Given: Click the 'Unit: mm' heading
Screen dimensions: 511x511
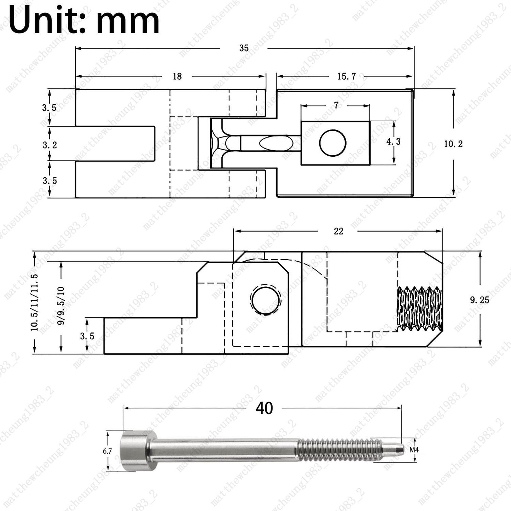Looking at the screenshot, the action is coord(84,20).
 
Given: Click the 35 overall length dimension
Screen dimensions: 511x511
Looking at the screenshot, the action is coord(244,48).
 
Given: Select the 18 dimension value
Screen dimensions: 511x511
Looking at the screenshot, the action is coord(178,76).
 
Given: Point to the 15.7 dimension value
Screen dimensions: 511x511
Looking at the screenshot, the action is coord(347,76).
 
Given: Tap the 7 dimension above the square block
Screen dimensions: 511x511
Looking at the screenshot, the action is coord(336,105).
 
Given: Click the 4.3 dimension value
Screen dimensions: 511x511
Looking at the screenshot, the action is coord(393,141).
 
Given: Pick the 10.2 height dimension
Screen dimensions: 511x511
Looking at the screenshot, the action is coord(453,144).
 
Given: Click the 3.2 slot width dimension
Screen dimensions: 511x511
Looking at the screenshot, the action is coord(50,145).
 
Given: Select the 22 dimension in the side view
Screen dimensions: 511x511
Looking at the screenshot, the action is coord(338,231).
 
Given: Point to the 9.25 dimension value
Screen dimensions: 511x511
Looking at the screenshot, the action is coord(480,300).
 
